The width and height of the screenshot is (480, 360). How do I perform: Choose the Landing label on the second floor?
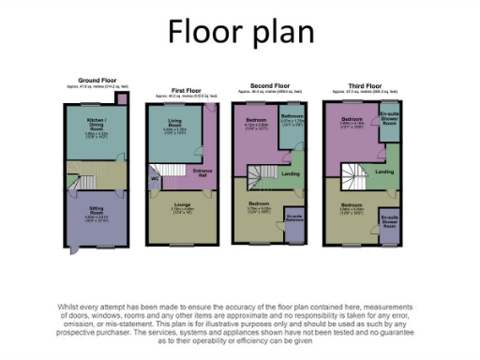click(291, 171)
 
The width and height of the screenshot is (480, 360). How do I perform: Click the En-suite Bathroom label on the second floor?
click(293, 217)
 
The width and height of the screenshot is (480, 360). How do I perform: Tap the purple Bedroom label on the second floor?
click(255, 120)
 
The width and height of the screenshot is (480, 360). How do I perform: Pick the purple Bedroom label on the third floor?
click(352, 120)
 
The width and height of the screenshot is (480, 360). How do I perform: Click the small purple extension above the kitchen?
click(120, 98)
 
